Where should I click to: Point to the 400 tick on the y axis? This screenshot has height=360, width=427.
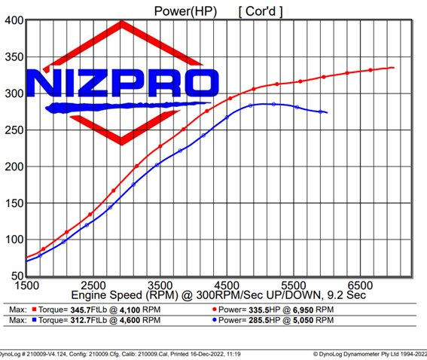tap(13, 20)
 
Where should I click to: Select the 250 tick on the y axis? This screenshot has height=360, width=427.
tap(13, 130)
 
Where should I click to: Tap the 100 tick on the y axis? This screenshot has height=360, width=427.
tap(13, 240)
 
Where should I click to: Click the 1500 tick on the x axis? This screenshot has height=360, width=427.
tap(27, 286)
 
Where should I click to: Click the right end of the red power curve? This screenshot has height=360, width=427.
tap(394, 68)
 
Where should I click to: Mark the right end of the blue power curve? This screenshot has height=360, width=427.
tap(326, 113)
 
